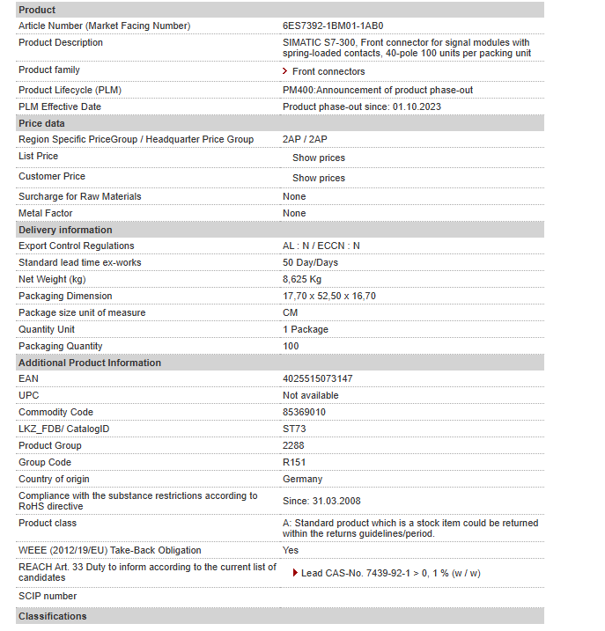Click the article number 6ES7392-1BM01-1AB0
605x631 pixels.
[333, 26]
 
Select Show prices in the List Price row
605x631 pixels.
[319, 158]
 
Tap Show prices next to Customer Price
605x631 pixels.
[319, 178]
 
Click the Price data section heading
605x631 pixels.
[41, 123]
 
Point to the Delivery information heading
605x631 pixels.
[65, 230]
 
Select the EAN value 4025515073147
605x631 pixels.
[317, 378]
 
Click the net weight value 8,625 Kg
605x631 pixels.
[302, 279]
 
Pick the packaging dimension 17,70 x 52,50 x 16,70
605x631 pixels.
[328, 296]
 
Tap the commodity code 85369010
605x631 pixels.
[304, 412]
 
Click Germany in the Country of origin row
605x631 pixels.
[302, 479]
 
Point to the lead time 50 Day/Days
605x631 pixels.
[310, 262]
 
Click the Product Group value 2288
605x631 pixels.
[293, 445]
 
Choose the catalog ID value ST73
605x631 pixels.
[294, 429]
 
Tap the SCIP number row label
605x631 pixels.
[48, 596]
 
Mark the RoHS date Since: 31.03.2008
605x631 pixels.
[321, 501]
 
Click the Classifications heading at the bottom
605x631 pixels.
[53, 616]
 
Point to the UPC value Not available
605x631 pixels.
[310, 395]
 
